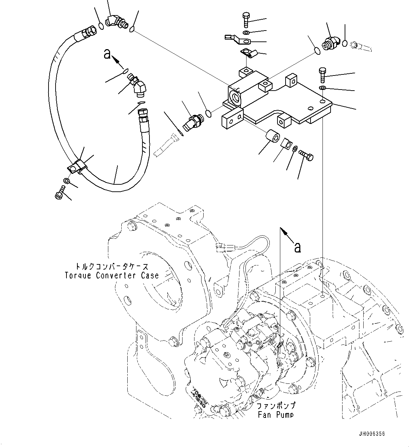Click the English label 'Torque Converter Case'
[111, 275]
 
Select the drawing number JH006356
[372, 434]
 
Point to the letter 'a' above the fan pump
[298, 248]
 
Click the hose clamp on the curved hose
[77, 166]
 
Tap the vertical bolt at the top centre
[246, 20]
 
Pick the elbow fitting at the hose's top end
[116, 22]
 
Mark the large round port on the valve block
[235, 96]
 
